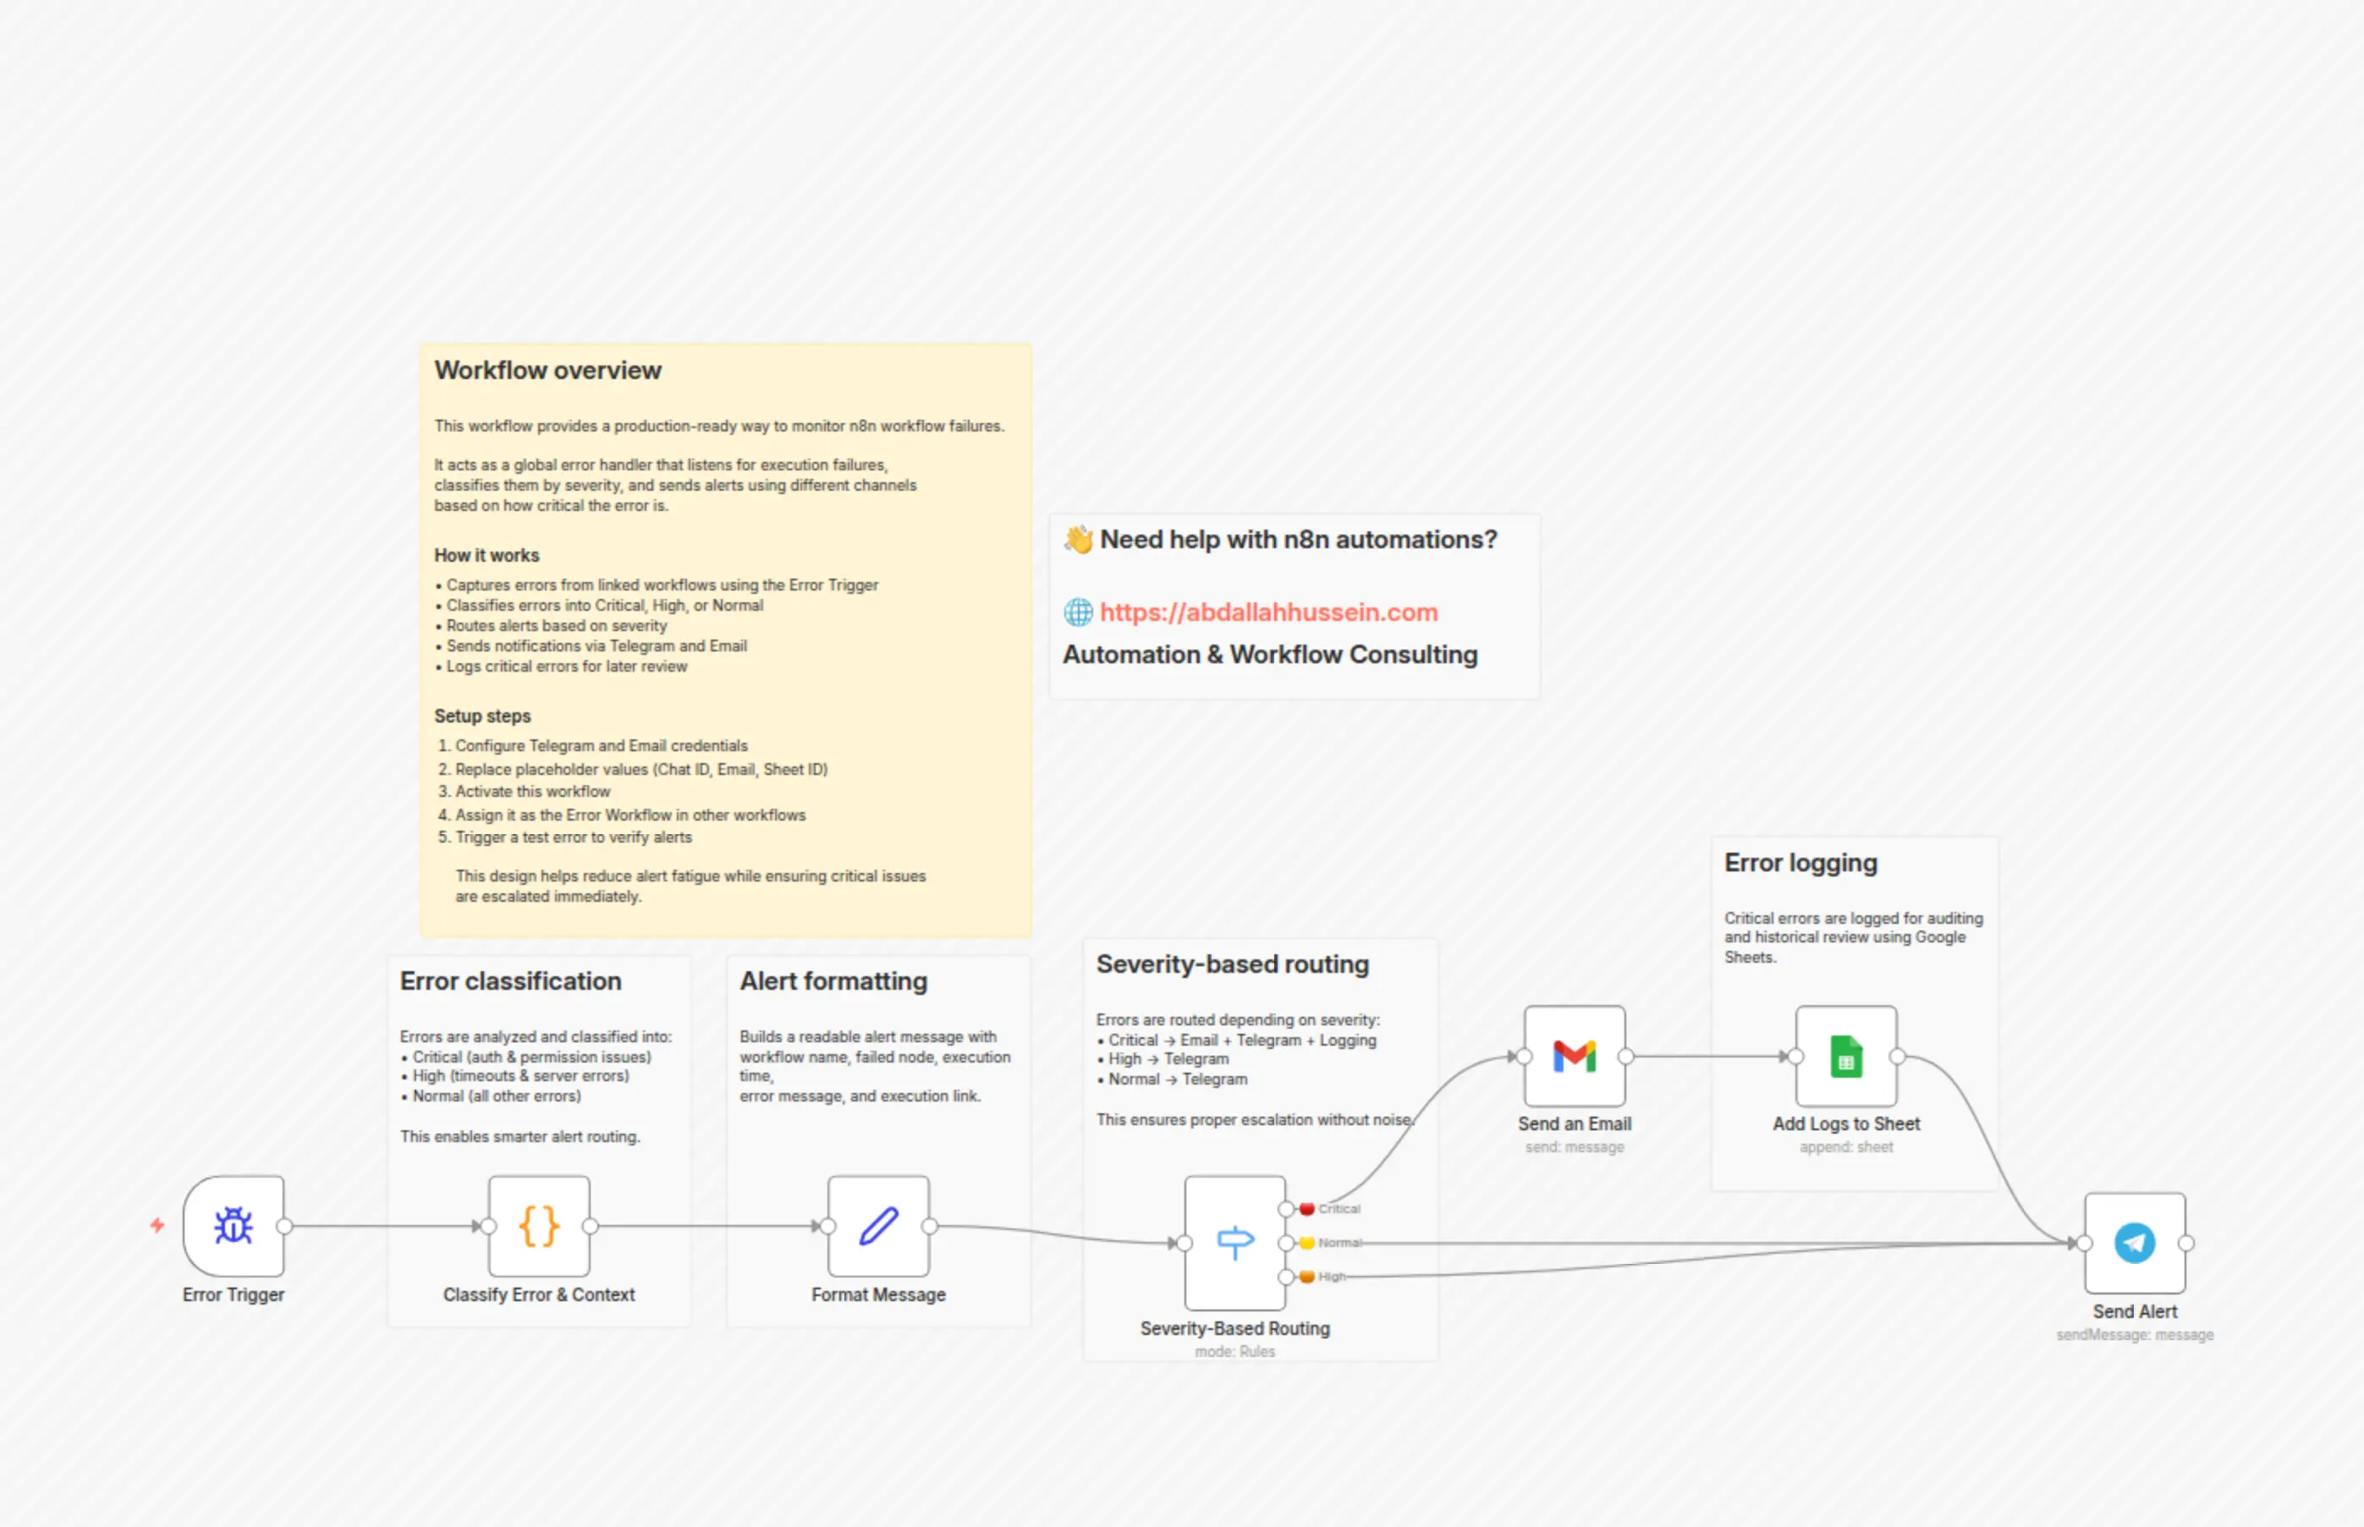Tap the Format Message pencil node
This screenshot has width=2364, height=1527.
click(877, 1226)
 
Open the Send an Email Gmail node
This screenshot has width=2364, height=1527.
click(1574, 1056)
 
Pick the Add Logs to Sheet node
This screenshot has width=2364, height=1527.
click(1845, 1056)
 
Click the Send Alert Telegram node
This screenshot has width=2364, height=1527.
click(2134, 1243)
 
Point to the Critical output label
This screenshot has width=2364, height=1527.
click(1339, 1209)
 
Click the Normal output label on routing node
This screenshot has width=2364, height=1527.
click(1339, 1243)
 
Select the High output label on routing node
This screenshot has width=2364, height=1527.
click(1332, 1276)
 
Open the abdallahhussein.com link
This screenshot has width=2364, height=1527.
click(1268, 612)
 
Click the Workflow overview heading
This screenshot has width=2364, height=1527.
click(547, 370)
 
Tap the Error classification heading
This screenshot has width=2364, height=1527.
click(511, 980)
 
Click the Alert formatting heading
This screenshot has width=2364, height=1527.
click(833, 980)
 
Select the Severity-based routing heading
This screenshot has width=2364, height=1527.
click(1233, 964)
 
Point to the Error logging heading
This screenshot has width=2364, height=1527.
click(1800, 863)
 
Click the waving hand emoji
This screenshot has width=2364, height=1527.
click(1078, 540)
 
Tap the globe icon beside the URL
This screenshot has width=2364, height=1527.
click(1078, 612)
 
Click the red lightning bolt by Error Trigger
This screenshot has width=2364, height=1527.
click(157, 1226)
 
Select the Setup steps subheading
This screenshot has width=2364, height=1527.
click(482, 716)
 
